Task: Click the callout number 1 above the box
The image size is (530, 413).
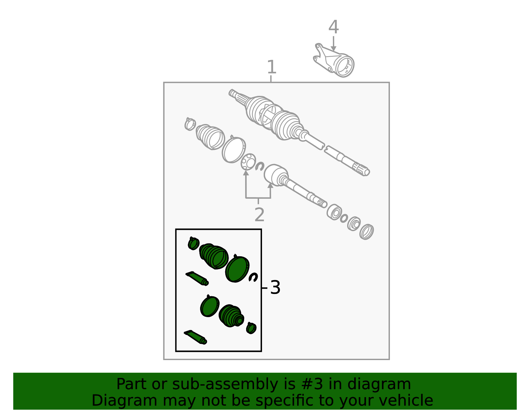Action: click(272, 67)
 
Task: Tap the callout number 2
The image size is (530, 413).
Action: click(259, 214)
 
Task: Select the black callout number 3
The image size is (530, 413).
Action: click(275, 287)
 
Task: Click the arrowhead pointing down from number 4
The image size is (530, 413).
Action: click(333, 48)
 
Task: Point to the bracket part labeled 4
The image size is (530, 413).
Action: click(334, 61)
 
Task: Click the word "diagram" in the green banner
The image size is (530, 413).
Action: click(379, 384)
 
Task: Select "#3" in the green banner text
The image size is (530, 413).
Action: click(312, 384)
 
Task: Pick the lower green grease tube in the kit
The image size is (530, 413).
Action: click(195, 337)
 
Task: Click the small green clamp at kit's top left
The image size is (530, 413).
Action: click(193, 243)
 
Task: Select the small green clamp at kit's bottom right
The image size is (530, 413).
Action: click(251, 328)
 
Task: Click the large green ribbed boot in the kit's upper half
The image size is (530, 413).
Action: click(214, 256)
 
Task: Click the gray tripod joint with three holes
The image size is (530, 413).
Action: click(248, 162)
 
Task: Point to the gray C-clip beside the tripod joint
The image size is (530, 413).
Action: click(259, 166)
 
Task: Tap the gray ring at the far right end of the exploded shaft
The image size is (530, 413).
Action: click(366, 232)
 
